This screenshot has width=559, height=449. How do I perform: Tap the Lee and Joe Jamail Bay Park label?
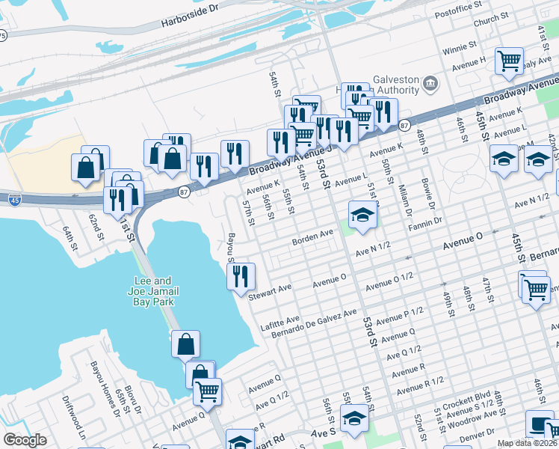tap(149, 291)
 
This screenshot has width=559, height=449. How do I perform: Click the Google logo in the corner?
tap(25, 440)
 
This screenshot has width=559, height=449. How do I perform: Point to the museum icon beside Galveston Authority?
tap(430, 83)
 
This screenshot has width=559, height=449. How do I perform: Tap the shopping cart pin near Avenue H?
tap(509, 61)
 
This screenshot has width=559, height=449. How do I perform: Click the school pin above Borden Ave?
tap(362, 215)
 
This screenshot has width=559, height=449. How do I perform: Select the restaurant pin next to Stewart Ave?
tap(241, 275)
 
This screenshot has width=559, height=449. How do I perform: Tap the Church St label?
tap(491, 20)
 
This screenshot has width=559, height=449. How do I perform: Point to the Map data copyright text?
tap(528, 443)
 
